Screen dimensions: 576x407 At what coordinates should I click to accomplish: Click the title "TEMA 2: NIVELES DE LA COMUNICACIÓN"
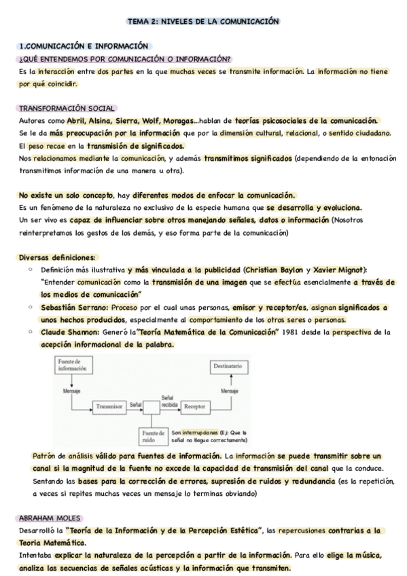[203, 22]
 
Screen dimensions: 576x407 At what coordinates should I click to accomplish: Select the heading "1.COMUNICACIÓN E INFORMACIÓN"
[84, 46]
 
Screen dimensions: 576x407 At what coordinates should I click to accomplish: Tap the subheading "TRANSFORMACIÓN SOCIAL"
[67, 108]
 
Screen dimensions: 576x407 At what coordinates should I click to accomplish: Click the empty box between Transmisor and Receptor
[152, 406]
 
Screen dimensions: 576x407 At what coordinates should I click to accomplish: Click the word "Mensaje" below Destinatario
[228, 391]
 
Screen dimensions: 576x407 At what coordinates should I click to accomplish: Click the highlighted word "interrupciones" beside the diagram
[201, 431]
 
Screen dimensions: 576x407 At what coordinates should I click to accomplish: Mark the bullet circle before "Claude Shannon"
[31, 332]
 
